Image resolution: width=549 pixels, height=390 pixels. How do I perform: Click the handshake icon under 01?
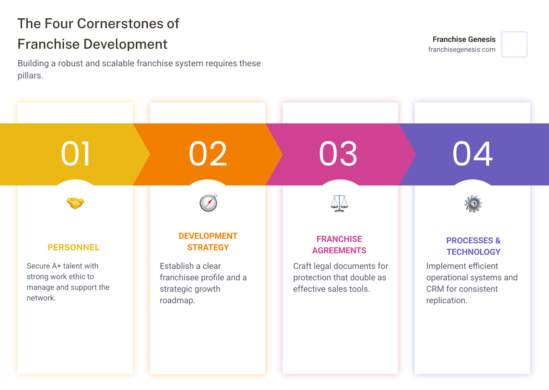[x=75, y=203]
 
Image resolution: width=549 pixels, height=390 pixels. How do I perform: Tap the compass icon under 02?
[x=208, y=203]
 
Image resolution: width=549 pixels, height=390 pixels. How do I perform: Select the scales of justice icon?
[x=339, y=203]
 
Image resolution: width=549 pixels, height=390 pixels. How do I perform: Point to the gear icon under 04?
[x=473, y=204]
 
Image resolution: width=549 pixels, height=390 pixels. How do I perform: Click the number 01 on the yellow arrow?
[x=76, y=154]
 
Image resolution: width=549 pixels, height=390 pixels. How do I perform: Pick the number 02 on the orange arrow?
[x=208, y=154]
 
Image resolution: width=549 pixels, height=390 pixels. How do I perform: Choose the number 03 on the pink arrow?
[x=339, y=154]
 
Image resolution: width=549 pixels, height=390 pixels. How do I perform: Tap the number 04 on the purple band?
[x=473, y=154]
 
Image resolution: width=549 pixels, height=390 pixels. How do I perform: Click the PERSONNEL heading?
[x=74, y=248]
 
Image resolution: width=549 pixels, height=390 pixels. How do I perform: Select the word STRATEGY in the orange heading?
[x=208, y=248]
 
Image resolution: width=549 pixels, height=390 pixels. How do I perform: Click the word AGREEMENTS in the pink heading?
[x=339, y=251]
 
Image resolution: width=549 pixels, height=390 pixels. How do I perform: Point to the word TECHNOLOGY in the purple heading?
[x=474, y=252]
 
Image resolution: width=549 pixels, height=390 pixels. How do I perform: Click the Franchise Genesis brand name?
[x=464, y=39]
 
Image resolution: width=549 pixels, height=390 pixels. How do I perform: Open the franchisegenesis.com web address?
[x=462, y=50]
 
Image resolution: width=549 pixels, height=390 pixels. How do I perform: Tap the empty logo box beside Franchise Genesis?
[x=514, y=44]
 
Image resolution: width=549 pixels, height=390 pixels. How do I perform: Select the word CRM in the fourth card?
[x=435, y=289]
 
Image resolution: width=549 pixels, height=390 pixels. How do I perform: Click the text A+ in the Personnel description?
[x=56, y=266]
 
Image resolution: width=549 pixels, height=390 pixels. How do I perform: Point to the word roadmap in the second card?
[x=177, y=300]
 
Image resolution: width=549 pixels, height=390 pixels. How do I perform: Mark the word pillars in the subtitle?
[x=30, y=75]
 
